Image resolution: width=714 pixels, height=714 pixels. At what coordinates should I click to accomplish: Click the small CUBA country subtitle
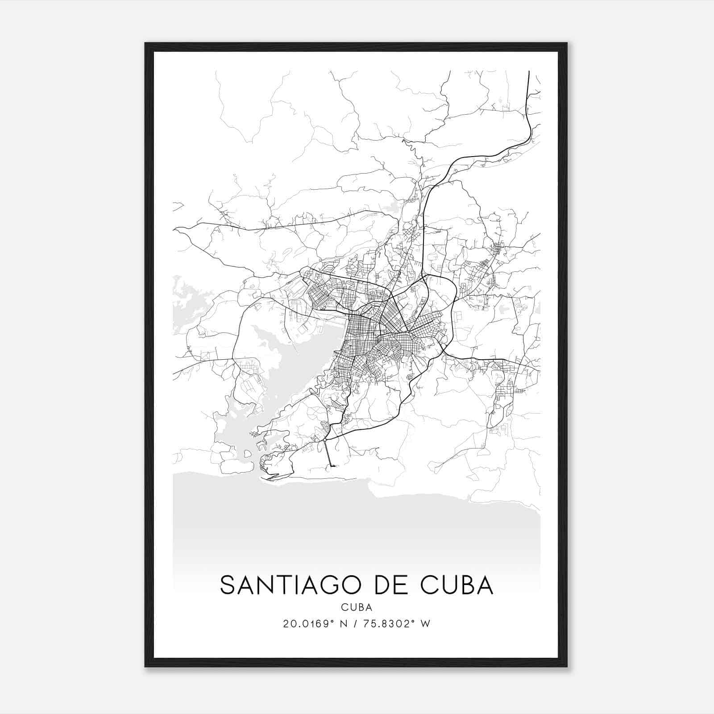357,607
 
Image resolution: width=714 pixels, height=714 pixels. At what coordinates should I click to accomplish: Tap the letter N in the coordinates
343,624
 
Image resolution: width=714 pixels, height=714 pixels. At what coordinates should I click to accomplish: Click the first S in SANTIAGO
227,585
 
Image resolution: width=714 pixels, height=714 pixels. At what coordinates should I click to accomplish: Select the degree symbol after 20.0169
332,621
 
